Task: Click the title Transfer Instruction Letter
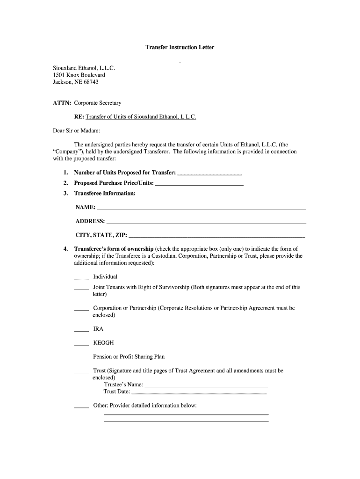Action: (x=180, y=48)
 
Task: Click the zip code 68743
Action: (x=90, y=82)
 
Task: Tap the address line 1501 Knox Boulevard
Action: (x=79, y=75)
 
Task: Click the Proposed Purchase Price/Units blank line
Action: (x=199, y=183)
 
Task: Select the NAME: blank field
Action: (x=201, y=208)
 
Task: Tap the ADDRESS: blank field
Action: (x=206, y=222)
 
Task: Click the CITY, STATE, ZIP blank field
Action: (x=217, y=235)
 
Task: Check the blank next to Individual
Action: (x=81, y=277)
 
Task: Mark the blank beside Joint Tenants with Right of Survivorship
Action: (x=81, y=288)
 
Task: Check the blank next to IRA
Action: (x=81, y=330)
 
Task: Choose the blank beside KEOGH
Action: (x=81, y=344)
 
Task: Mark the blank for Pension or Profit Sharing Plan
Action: (x=81, y=358)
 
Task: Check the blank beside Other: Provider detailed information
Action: (x=81, y=406)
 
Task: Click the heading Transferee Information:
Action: (x=105, y=193)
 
